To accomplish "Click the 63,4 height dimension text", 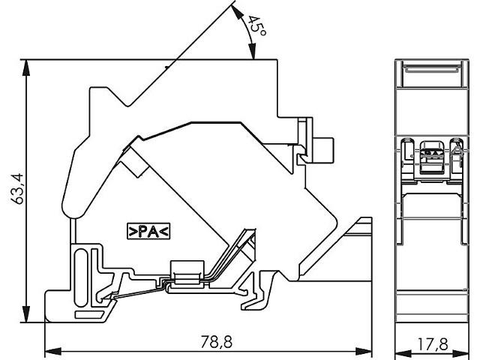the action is coord(17,188).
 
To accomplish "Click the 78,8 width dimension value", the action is coord(217,342).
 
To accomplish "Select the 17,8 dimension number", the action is coord(433,344).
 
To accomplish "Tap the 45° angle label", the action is coord(256,25).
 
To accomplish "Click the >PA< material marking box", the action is coord(148,232).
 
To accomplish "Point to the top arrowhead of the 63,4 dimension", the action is coord(27,67).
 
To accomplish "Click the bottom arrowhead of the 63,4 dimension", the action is coord(27,314).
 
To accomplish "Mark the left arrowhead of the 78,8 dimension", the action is coord(53,351).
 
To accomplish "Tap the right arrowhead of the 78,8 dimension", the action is coord(364,351).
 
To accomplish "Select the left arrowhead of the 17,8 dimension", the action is coord(403,353).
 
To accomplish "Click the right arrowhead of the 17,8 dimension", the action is coord(461,353).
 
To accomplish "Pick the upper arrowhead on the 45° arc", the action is coord(236,12).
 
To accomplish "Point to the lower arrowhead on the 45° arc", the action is coord(252,51).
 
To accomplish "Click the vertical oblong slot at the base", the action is coord(81,277).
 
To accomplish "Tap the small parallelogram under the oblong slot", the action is coord(89,315).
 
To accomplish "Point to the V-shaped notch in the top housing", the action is coord(129,105).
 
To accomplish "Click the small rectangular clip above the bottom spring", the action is coord(187,270).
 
